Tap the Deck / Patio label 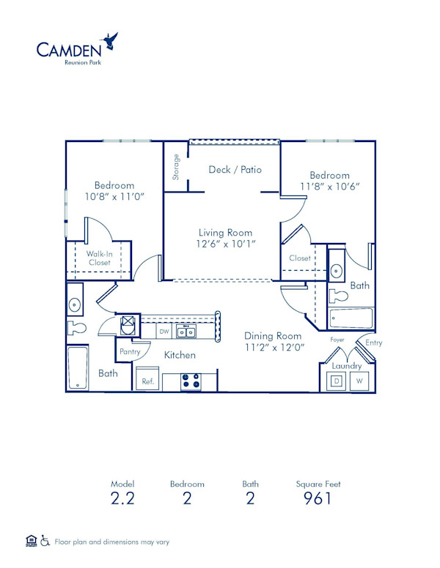235,170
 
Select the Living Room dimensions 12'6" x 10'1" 226,244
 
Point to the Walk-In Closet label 99,258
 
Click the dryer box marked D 337,381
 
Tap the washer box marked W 359,381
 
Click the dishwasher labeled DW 164,332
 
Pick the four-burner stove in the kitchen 191,381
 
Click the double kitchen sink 186,332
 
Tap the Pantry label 130,352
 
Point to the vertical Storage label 176,167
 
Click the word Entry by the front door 373,343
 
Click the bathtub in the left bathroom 77,367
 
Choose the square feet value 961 318,498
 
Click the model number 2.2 123,498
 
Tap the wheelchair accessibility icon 45,542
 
